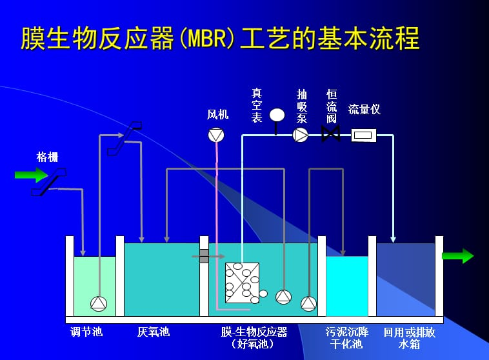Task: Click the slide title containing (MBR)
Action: click(220, 39)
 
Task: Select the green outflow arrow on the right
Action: click(457, 256)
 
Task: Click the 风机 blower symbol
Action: click(215, 135)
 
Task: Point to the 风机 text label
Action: click(217, 115)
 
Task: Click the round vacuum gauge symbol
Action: click(277, 115)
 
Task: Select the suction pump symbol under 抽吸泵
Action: click(301, 135)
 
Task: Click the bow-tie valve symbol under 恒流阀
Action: click(331, 135)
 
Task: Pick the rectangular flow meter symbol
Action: click(364, 135)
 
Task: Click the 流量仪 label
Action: click(364, 110)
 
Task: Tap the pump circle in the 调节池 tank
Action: click(98, 303)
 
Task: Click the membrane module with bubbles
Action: click(242, 283)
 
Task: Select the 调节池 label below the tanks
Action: click(86, 332)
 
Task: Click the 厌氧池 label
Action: click(154, 332)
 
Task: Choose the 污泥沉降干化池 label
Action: click(347, 338)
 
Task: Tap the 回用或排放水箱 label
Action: click(409, 338)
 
